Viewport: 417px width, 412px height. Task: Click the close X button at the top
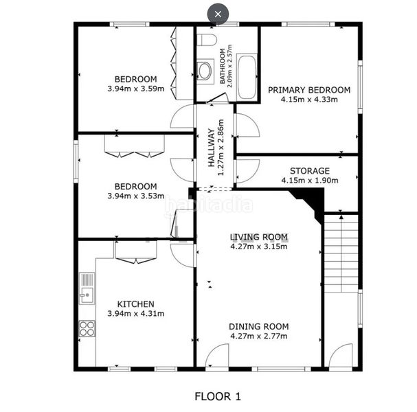(218, 14)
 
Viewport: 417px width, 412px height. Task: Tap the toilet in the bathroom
(209, 40)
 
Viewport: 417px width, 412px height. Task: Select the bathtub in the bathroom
(247, 77)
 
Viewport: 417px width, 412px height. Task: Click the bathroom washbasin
(205, 71)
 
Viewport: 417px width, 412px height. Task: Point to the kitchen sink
(87, 288)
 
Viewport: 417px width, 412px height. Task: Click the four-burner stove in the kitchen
(87, 328)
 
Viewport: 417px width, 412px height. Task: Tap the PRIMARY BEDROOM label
(309, 90)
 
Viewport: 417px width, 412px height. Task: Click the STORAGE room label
(310, 171)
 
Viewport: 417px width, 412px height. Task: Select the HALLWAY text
(211, 148)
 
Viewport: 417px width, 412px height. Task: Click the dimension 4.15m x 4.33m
(309, 100)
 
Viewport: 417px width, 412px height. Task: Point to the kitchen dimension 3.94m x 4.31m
(136, 314)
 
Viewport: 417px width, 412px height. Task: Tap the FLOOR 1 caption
(218, 397)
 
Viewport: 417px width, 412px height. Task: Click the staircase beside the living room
(341, 253)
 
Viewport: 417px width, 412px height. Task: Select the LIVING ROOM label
(259, 237)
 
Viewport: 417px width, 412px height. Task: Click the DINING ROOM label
(259, 327)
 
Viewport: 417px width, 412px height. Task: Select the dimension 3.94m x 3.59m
(136, 89)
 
